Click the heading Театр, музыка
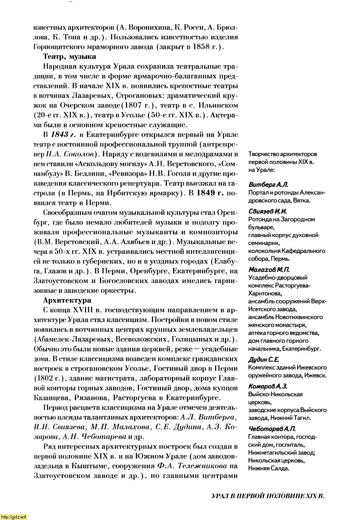click(69, 57)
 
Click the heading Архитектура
click(67, 300)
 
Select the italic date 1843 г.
click(65, 134)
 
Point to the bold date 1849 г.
click(210, 193)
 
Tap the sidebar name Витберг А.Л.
click(268, 185)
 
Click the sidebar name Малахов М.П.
click(269, 269)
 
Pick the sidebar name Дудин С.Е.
click(264, 360)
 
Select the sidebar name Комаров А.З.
click(267, 386)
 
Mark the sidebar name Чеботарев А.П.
click(272, 429)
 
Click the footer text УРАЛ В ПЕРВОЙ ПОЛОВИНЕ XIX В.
click(268, 496)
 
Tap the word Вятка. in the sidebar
click(301, 201)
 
